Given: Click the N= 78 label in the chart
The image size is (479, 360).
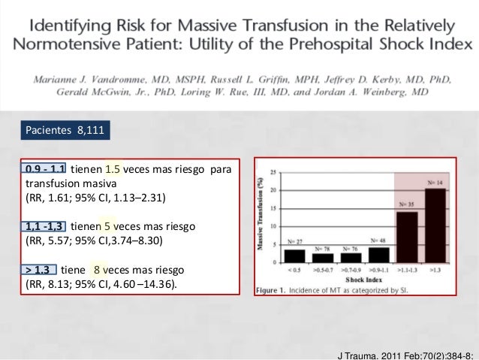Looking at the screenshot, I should pos(324,249).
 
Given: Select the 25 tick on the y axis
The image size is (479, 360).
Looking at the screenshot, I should pos(273,169).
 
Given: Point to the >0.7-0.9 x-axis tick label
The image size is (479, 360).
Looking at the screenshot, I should pos(351,275).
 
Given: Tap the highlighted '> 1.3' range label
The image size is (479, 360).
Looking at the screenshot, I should pos(39,270).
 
